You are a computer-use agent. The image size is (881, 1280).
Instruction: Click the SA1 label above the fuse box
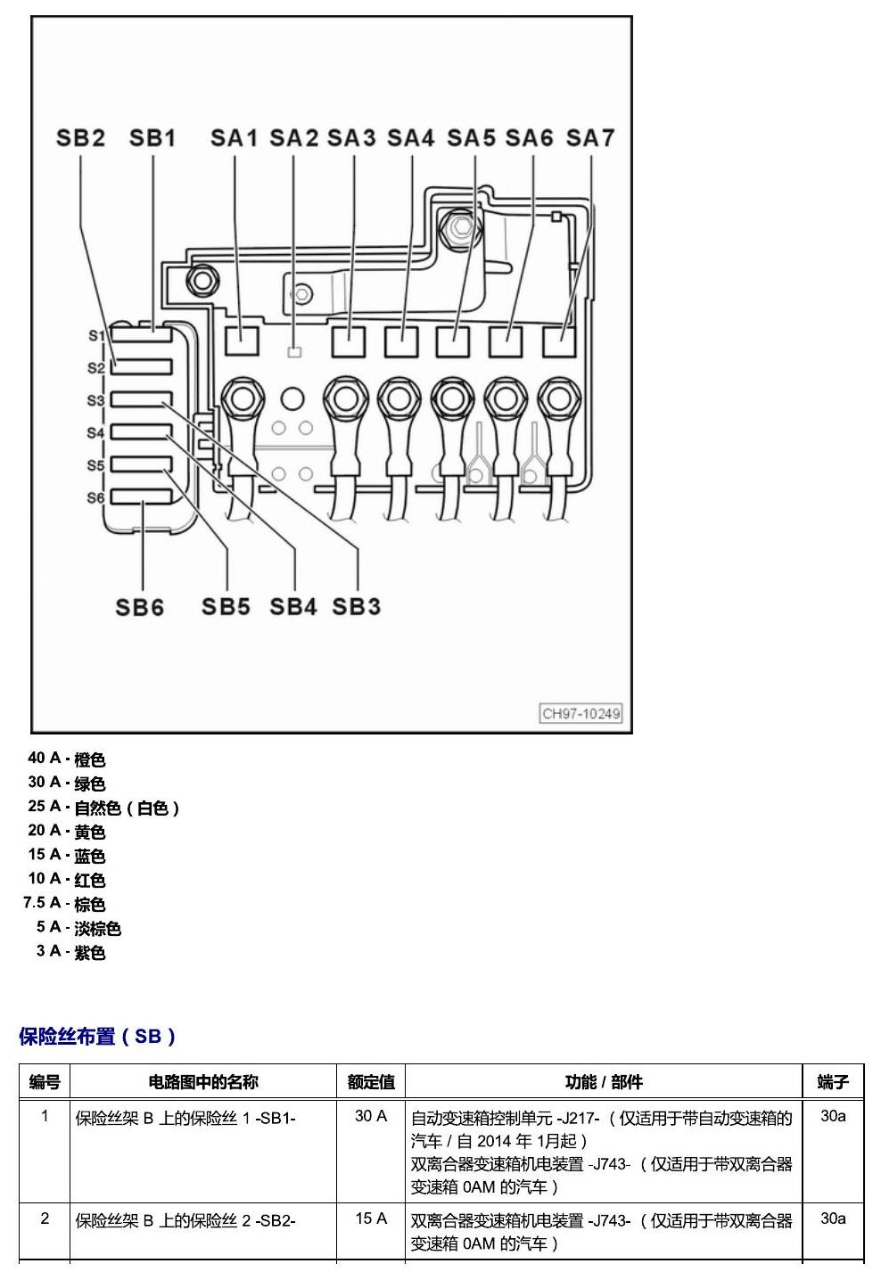pos(234,137)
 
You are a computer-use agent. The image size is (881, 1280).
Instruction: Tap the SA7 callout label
pos(590,137)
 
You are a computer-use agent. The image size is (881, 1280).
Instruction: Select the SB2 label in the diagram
pos(80,137)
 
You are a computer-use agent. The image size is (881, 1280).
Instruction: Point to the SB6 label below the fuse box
pos(139,607)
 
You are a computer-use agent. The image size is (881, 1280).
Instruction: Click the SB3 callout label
pos(356,606)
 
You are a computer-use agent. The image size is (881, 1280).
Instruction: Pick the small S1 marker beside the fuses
pos(96,335)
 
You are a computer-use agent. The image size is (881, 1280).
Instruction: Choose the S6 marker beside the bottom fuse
pos(95,498)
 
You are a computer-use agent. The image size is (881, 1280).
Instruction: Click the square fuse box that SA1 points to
pos(242,341)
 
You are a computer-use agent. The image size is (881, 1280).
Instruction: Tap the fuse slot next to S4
pos(141,432)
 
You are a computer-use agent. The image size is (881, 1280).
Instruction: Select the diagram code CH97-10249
pos(580,714)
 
